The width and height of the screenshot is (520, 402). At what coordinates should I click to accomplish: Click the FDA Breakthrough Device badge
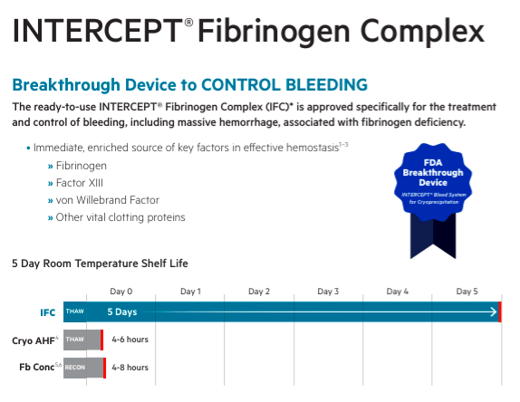pyautogui.click(x=433, y=199)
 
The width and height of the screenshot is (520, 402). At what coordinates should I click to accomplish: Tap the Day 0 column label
pyautogui.click(x=121, y=292)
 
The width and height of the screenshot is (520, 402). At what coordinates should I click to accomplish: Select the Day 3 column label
pyautogui.click(x=328, y=292)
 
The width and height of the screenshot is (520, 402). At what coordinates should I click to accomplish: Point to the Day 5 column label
pyautogui.click(x=467, y=292)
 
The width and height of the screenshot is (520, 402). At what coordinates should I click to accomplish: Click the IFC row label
pyautogui.click(x=48, y=312)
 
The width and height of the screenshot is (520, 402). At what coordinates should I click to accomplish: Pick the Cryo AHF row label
pyautogui.click(x=34, y=340)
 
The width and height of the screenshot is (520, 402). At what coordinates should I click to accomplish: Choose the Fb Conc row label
pyautogui.click(x=40, y=367)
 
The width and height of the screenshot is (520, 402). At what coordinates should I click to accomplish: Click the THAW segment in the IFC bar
pyautogui.click(x=75, y=311)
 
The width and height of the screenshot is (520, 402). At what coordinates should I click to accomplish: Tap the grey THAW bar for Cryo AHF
pyautogui.click(x=83, y=340)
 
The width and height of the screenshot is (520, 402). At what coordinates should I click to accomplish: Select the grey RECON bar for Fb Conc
pyautogui.click(x=84, y=368)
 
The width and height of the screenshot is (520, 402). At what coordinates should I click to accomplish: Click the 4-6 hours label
pyautogui.click(x=130, y=340)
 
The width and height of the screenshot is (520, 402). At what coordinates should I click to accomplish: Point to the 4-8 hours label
pyautogui.click(x=130, y=368)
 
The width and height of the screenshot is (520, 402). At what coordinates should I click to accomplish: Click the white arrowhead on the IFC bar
pyautogui.click(x=494, y=311)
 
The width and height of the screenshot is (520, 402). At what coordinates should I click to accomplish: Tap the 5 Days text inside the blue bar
pyautogui.click(x=122, y=311)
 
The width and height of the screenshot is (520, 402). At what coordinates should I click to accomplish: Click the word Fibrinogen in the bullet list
pyautogui.click(x=82, y=166)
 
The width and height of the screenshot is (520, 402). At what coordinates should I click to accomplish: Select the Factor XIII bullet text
pyautogui.click(x=80, y=183)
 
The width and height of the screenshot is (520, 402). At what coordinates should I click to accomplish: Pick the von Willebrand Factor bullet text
pyautogui.click(x=108, y=200)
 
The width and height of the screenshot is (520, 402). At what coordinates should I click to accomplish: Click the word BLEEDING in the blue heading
pyautogui.click(x=327, y=84)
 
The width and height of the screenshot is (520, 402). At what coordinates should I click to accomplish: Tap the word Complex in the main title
pyautogui.click(x=422, y=32)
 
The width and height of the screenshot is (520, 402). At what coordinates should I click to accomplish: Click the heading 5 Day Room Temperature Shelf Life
pyautogui.click(x=100, y=263)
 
